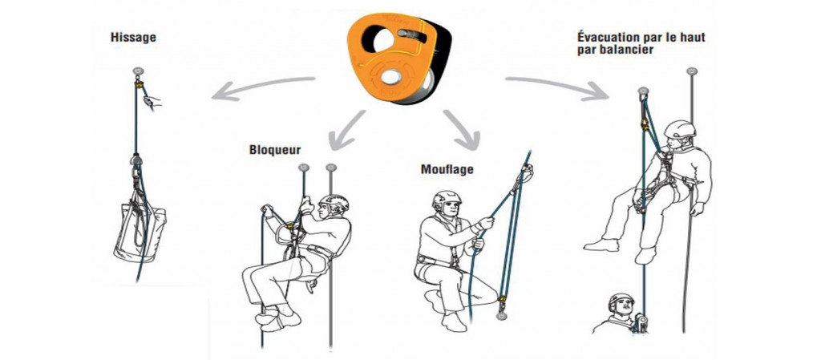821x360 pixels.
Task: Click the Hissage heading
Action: pyautogui.click(x=134, y=38)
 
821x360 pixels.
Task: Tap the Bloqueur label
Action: pyautogui.click(x=275, y=150)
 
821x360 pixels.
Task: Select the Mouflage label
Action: pyautogui.click(x=447, y=169)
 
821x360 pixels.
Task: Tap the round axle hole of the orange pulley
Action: pyautogui.click(x=390, y=77)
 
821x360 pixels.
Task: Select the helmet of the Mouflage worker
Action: pyautogui.click(x=446, y=199)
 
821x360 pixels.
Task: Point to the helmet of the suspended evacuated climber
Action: pyautogui.click(x=680, y=129)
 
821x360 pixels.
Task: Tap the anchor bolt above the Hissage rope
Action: pyautogui.click(x=138, y=71)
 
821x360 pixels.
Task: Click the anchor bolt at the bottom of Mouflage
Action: pyautogui.click(x=502, y=316)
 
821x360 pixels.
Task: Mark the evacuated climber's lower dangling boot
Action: pyautogui.click(x=645, y=256)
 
